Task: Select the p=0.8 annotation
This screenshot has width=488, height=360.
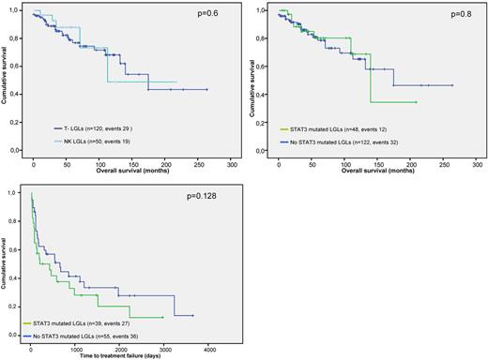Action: coord(457,18)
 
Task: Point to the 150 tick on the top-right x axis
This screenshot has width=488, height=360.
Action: coord(377,163)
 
